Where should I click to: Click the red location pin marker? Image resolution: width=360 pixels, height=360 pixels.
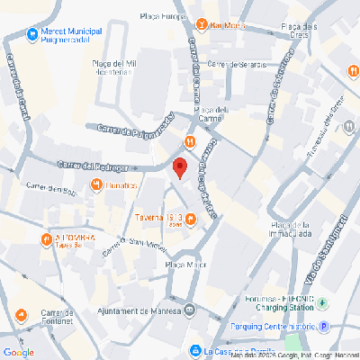(179, 167)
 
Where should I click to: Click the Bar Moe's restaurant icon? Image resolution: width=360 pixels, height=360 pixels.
(203, 24)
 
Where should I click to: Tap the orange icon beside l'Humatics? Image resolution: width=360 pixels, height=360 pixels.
(96, 185)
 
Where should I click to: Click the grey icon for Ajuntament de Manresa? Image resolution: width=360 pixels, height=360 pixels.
(189, 311)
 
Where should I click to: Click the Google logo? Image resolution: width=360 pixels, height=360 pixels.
(18, 352)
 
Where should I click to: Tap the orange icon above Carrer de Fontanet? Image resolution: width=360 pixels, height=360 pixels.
(21, 314)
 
